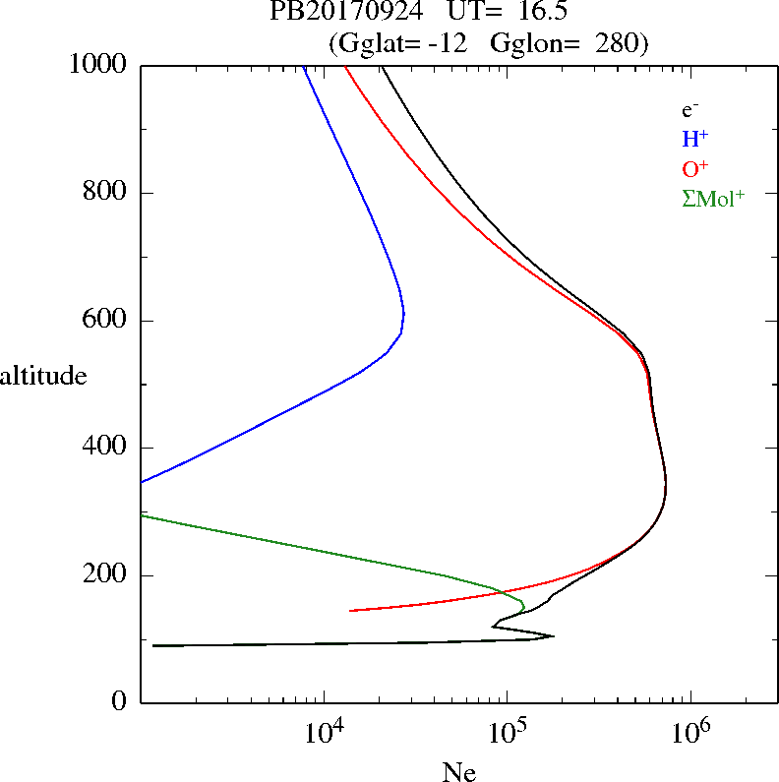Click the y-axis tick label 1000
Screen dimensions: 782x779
98,66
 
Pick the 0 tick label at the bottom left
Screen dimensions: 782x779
120,702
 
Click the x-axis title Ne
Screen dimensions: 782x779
458,772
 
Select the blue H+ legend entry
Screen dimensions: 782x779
694,139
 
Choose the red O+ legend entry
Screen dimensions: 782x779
695,168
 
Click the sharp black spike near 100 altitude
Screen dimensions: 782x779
553,635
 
